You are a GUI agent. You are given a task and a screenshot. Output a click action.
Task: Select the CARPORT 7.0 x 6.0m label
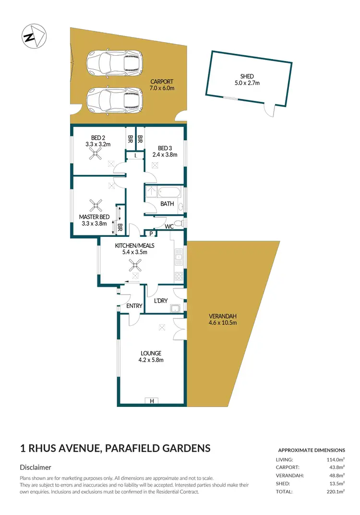161,85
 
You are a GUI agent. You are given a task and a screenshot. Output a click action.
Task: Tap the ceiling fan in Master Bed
96,206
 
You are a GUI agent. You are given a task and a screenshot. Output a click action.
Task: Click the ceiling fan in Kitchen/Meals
137,265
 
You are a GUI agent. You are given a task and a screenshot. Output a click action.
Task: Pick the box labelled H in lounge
152,401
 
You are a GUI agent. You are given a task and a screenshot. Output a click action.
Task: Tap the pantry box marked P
151,234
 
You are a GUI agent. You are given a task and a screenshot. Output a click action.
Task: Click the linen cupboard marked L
135,155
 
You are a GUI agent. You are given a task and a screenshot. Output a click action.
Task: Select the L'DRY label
160,301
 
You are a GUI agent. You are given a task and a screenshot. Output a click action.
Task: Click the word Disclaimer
36,467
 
